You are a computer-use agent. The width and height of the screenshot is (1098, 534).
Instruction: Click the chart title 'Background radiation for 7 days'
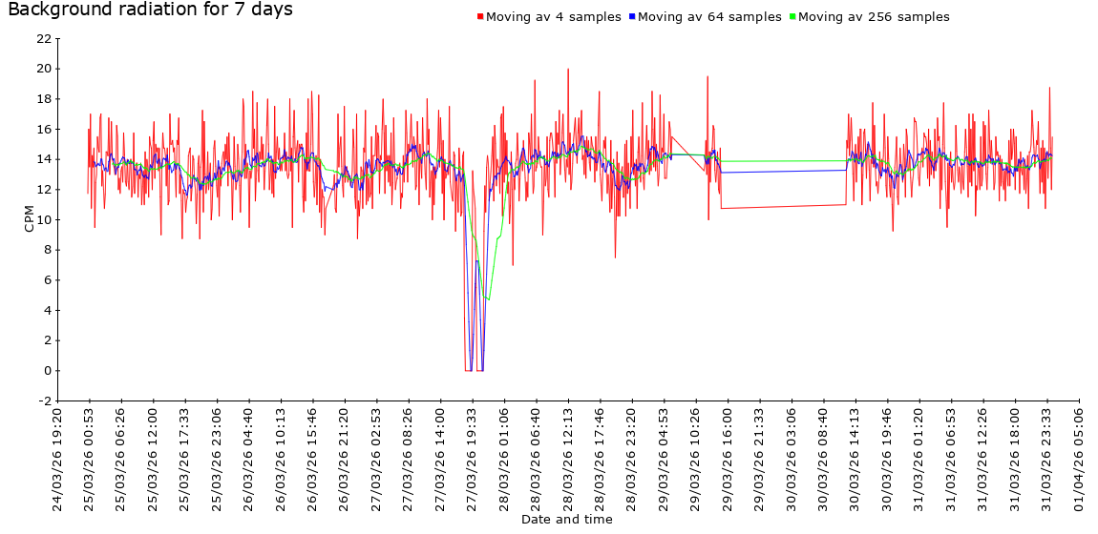click(x=150, y=10)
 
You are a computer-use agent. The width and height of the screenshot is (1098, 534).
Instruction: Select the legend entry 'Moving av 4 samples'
click(x=553, y=17)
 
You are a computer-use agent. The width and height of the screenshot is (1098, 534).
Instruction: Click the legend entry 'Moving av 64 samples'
click(x=708, y=17)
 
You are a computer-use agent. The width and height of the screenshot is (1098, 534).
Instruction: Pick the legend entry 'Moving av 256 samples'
click(x=873, y=17)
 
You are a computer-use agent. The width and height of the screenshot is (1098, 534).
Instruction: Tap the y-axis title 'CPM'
click(x=29, y=219)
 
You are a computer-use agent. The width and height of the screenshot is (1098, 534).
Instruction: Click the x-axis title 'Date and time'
click(x=566, y=520)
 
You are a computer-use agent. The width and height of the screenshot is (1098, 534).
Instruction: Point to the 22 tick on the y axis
click(x=43, y=38)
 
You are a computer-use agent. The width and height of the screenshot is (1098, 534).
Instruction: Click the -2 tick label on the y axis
click(x=43, y=400)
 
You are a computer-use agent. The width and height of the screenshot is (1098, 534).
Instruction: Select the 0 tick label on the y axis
click(x=47, y=370)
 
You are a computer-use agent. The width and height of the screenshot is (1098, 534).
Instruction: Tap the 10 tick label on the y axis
click(x=43, y=219)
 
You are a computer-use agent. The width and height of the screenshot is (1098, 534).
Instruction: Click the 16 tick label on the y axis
click(x=43, y=129)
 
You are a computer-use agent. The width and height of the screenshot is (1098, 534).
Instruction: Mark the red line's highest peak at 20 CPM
click(x=568, y=69)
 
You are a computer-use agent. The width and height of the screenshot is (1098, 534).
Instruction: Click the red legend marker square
click(x=479, y=17)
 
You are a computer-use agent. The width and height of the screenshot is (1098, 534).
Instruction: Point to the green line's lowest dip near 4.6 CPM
click(x=489, y=300)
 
